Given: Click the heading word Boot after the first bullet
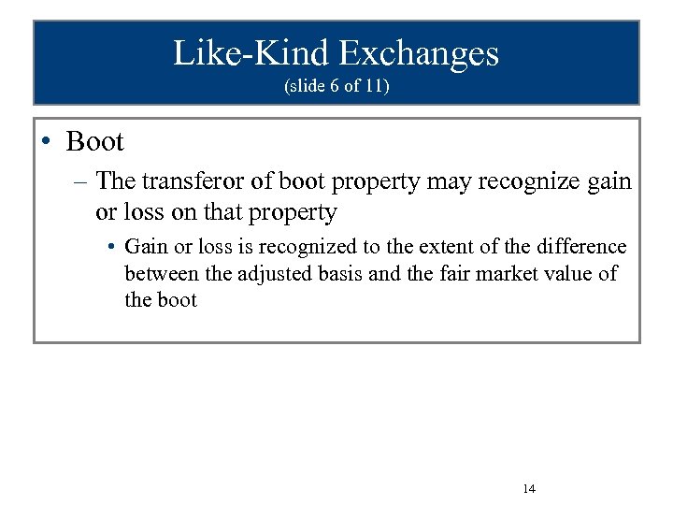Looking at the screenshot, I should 95,142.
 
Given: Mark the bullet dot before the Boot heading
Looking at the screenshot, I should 47,142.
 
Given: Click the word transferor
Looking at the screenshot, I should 206,180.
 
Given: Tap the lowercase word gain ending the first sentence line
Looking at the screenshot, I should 609,180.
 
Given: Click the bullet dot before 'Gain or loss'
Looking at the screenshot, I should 110,247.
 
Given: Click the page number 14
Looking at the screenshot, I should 528,488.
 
